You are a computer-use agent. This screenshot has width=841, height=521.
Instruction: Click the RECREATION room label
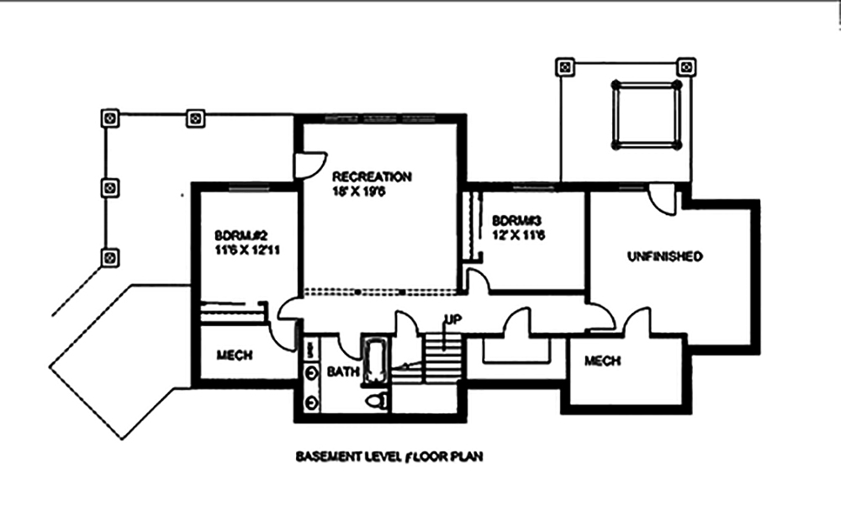pos(372,177)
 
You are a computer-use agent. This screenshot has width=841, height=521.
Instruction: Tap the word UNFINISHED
pos(664,256)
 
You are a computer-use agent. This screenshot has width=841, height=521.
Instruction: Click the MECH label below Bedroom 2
pos(235,355)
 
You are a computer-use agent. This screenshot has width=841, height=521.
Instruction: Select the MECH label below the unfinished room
pos(602,360)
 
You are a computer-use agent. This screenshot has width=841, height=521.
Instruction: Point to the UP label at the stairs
pos(451,319)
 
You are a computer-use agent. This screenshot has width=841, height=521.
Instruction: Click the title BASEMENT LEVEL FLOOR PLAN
pos(388,458)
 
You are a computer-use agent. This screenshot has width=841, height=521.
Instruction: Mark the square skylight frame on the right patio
pos(646,115)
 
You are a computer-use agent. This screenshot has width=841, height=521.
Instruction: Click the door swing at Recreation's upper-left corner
pos(312,164)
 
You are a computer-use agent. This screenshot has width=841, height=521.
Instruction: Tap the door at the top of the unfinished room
pos(664,200)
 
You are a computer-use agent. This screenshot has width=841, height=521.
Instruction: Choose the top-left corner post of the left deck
pos(108,118)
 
